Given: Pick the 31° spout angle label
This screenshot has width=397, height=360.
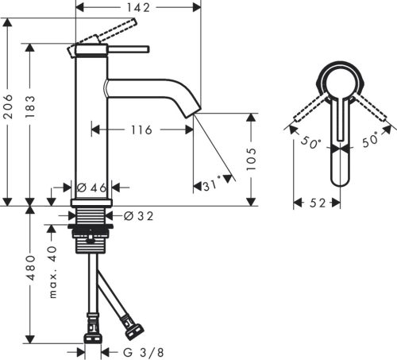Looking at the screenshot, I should click(209, 186).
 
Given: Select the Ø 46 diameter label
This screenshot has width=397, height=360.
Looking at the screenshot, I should click(91, 188).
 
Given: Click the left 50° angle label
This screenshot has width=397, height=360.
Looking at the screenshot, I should click(309, 144).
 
